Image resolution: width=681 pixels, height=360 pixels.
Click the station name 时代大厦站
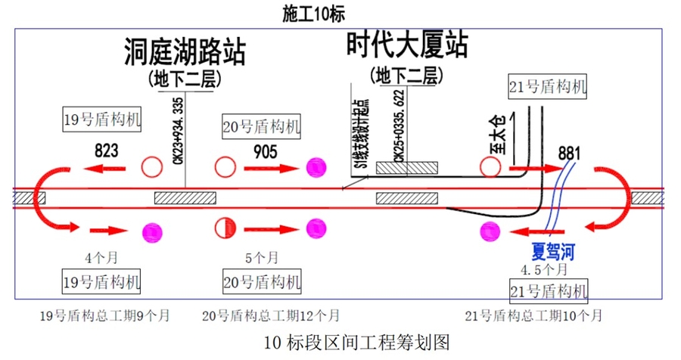coord(407,45)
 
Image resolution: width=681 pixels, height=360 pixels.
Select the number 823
coord(106,151)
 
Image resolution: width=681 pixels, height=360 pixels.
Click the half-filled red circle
coord(225,227)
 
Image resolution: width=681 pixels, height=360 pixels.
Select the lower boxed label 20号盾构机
coord(262,283)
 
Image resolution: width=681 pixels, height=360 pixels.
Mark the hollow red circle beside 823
coord(154,166)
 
